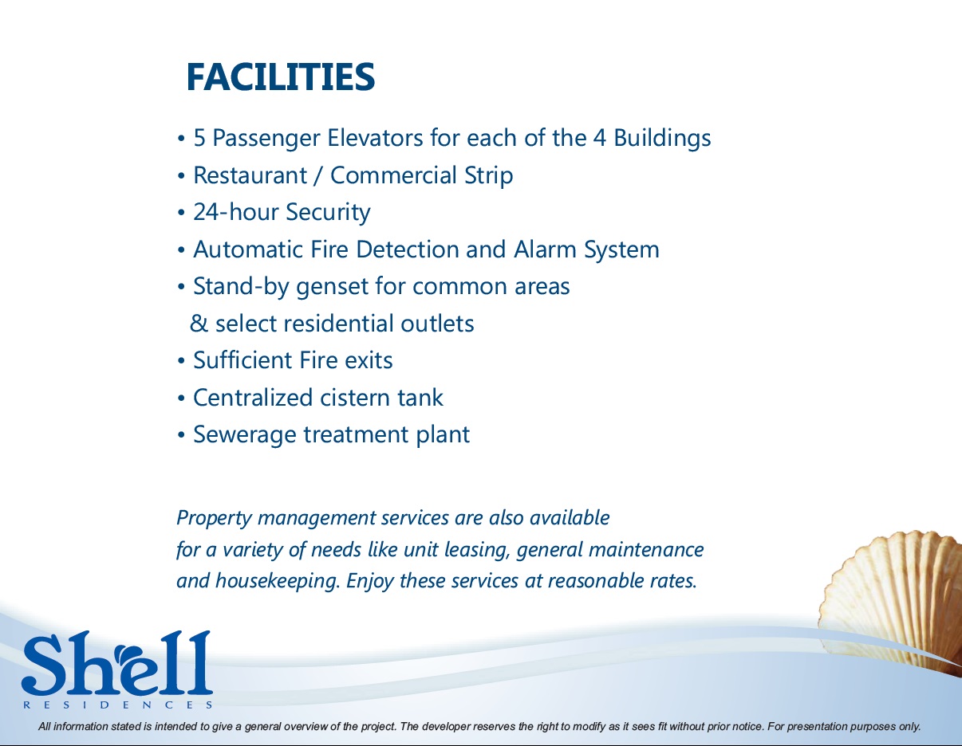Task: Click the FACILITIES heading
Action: [x=280, y=77]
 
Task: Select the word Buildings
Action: [x=662, y=138]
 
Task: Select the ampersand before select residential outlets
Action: [x=199, y=324]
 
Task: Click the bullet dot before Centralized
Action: [x=182, y=399]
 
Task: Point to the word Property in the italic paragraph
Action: [x=214, y=518]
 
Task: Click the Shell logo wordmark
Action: [x=116, y=663]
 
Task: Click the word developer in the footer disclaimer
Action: [x=446, y=727]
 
